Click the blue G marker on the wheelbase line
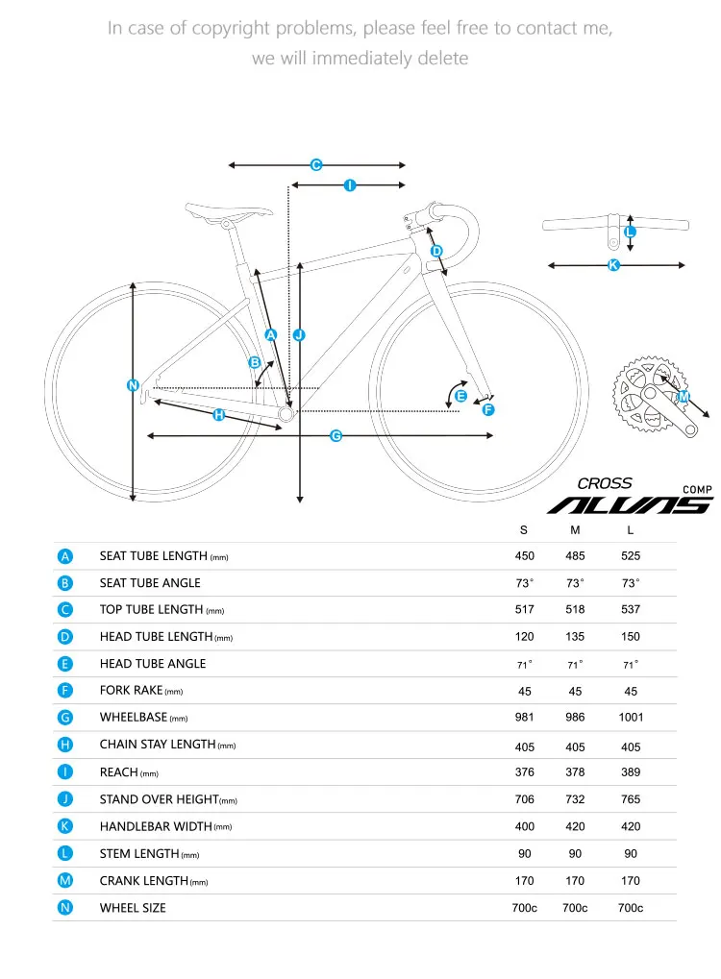(x=336, y=436)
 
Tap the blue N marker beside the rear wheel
(x=133, y=386)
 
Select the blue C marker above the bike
(x=315, y=165)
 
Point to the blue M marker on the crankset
(x=684, y=397)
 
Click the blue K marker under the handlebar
(x=613, y=265)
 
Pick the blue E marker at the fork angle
(x=460, y=396)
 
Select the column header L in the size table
(x=630, y=530)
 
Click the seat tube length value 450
(x=524, y=556)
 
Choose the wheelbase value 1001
(x=631, y=718)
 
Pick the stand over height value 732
(x=575, y=799)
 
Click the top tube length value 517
(x=524, y=609)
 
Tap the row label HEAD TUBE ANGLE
(x=153, y=664)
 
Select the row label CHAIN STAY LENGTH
(x=158, y=745)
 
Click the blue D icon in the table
(x=64, y=637)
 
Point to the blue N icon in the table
(x=64, y=908)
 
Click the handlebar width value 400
(x=524, y=826)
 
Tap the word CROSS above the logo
(x=605, y=484)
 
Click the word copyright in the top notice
(x=232, y=28)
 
